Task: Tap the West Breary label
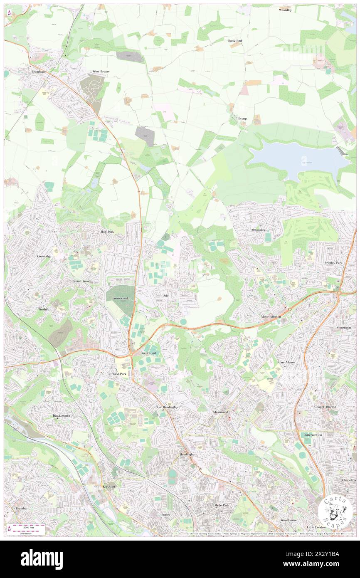click(x=101, y=72)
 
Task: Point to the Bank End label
click(x=235, y=41)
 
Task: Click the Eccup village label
click(x=242, y=119)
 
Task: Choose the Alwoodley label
click(x=258, y=230)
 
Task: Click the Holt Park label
click(x=107, y=231)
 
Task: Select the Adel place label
click(x=167, y=295)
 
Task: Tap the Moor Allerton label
click(x=271, y=316)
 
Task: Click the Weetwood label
click(x=148, y=352)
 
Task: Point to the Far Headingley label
click(x=167, y=407)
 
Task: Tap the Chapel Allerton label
click(x=325, y=407)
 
